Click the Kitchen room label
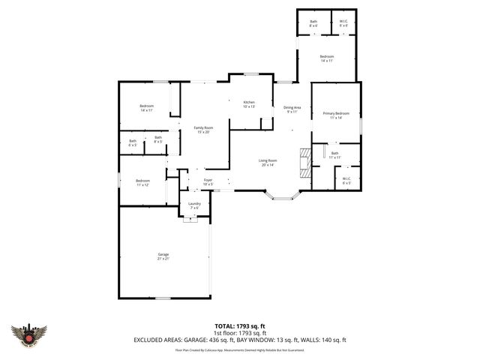(249, 104)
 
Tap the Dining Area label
(292, 109)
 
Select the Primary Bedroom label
(336, 115)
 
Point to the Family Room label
(202, 130)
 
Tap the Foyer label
(208, 181)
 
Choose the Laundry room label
(194, 205)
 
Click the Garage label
(163, 256)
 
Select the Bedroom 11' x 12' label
(143, 182)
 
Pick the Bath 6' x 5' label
(133, 142)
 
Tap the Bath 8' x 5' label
(158, 139)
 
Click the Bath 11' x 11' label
(334, 155)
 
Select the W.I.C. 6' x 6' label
(343, 23)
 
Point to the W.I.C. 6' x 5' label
(346, 181)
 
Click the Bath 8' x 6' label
(314, 23)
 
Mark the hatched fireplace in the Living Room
(304, 162)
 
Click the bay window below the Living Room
(283, 197)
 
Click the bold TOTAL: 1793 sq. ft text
(240, 325)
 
